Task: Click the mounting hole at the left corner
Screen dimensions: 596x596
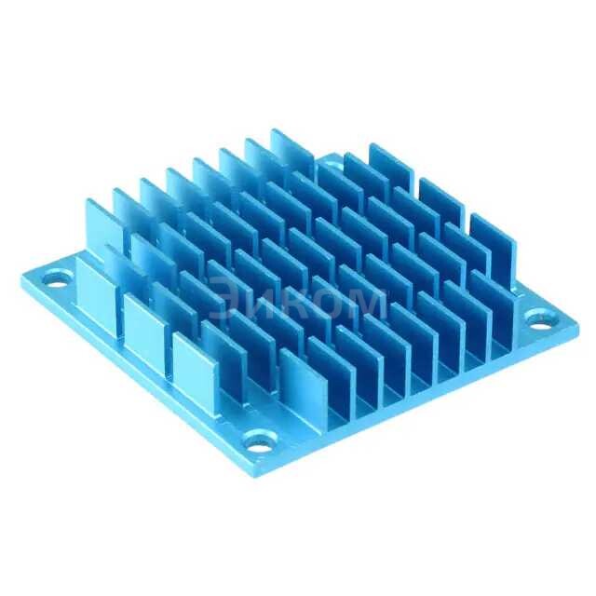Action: pos(57,276)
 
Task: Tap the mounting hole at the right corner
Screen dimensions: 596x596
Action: pos(539,318)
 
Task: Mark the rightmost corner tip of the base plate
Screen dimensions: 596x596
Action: pos(577,326)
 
